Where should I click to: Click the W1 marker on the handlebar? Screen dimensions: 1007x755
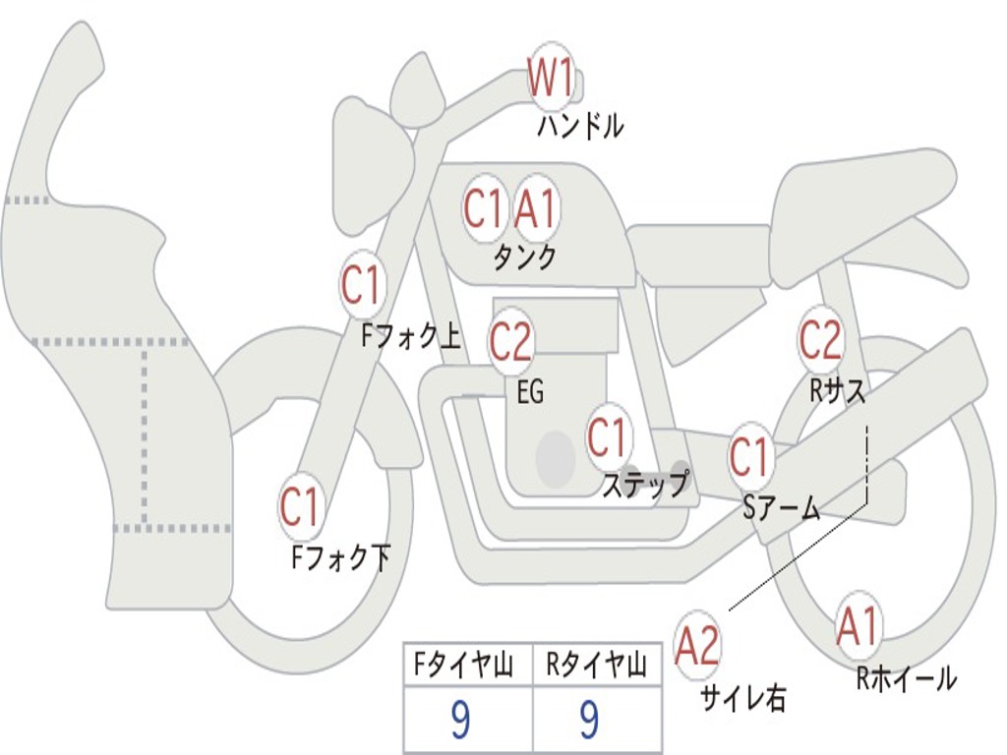click(551, 77)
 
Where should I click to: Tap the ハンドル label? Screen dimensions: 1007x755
click(580, 125)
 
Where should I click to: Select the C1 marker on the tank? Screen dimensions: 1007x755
click(484, 208)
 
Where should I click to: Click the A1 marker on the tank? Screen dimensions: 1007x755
click(535, 208)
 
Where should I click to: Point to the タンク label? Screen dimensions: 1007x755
click(524, 258)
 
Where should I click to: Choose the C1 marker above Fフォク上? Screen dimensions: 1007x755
click(361, 284)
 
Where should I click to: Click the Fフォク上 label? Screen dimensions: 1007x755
click(411, 335)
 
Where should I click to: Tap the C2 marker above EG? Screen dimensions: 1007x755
click(510, 341)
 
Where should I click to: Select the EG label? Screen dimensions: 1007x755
click(530, 391)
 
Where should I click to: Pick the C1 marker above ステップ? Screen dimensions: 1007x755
click(607, 436)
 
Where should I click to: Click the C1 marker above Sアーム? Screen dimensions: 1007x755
click(750, 456)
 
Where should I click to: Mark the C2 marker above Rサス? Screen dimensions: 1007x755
click(820, 339)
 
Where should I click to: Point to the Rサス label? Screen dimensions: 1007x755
click(838, 391)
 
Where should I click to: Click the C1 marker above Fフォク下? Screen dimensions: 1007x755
click(301, 507)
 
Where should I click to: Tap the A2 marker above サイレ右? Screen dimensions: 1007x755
click(697, 645)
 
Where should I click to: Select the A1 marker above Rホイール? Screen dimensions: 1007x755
click(858, 626)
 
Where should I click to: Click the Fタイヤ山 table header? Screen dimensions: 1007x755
click(463, 666)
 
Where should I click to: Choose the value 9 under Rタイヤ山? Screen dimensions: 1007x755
click(590, 720)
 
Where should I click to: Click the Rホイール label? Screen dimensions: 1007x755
click(906, 678)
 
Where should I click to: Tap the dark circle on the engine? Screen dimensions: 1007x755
click(556, 458)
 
